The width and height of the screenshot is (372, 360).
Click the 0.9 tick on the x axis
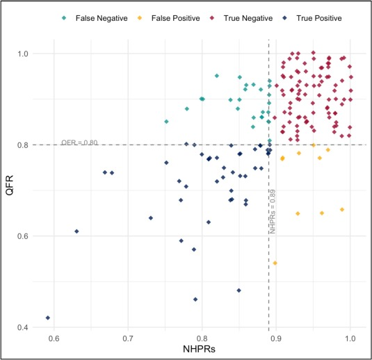click(x=276, y=340)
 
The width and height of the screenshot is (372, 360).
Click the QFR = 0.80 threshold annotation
click(x=79, y=142)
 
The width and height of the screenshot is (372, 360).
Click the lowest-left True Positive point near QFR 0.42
click(x=48, y=318)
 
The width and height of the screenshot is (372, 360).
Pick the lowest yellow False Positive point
click(x=275, y=263)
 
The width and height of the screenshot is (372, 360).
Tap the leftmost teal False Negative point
click(x=166, y=122)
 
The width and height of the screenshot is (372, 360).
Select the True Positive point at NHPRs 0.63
click(x=76, y=231)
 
